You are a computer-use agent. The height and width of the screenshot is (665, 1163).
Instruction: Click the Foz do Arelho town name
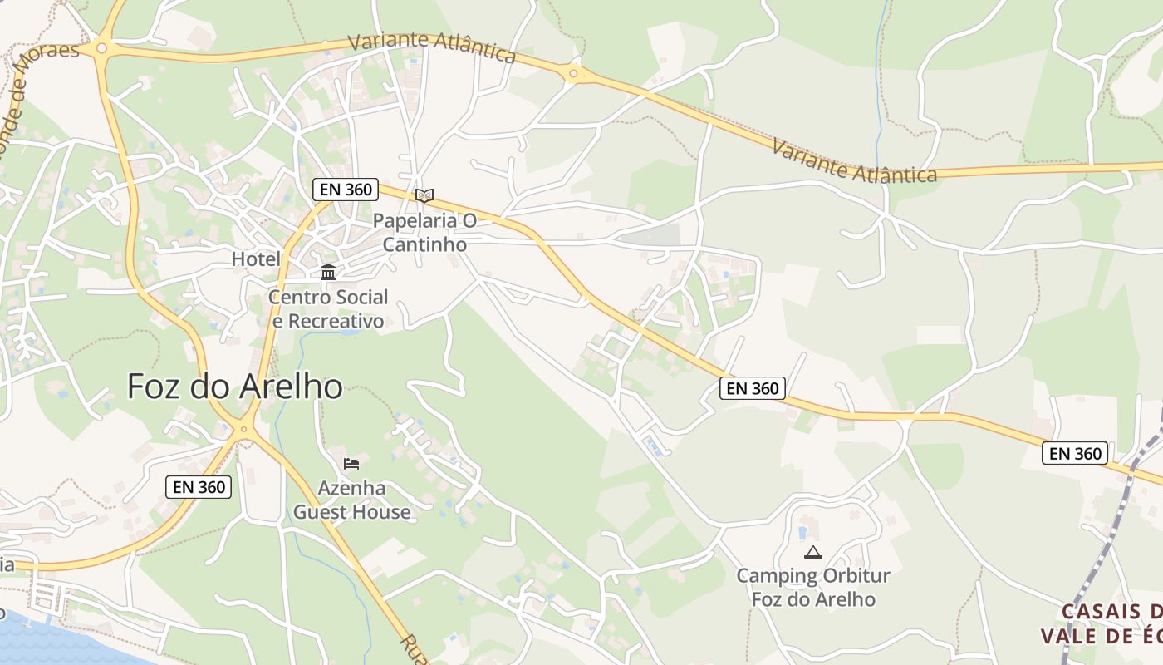click(235, 387)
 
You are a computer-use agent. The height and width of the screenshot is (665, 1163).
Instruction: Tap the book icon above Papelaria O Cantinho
click(424, 196)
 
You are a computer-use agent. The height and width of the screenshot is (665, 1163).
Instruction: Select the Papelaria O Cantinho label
click(424, 233)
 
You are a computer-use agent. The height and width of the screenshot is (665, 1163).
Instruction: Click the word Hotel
click(256, 259)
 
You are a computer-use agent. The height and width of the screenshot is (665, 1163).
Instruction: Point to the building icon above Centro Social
click(328, 273)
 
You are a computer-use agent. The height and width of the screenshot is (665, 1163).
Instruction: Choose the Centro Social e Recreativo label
click(328, 309)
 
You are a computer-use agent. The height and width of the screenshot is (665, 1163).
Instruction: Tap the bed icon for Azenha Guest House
click(351, 464)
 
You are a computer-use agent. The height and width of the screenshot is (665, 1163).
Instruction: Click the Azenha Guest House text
click(351, 500)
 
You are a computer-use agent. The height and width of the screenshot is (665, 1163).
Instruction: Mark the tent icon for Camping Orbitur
click(812, 552)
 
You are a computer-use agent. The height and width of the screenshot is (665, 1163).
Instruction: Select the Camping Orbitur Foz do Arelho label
click(813, 587)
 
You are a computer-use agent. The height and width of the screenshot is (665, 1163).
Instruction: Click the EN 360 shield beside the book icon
click(346, 190)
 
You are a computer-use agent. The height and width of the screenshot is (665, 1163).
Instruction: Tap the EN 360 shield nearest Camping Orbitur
click(753, 388)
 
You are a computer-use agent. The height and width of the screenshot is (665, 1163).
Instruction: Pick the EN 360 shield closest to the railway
click(1076, 453)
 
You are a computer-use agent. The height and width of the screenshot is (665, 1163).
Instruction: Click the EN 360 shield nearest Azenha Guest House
click(199, 487)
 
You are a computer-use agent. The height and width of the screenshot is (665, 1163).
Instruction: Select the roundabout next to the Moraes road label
click(101, 48)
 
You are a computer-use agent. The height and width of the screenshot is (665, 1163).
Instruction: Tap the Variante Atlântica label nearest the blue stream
click(854, 161)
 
